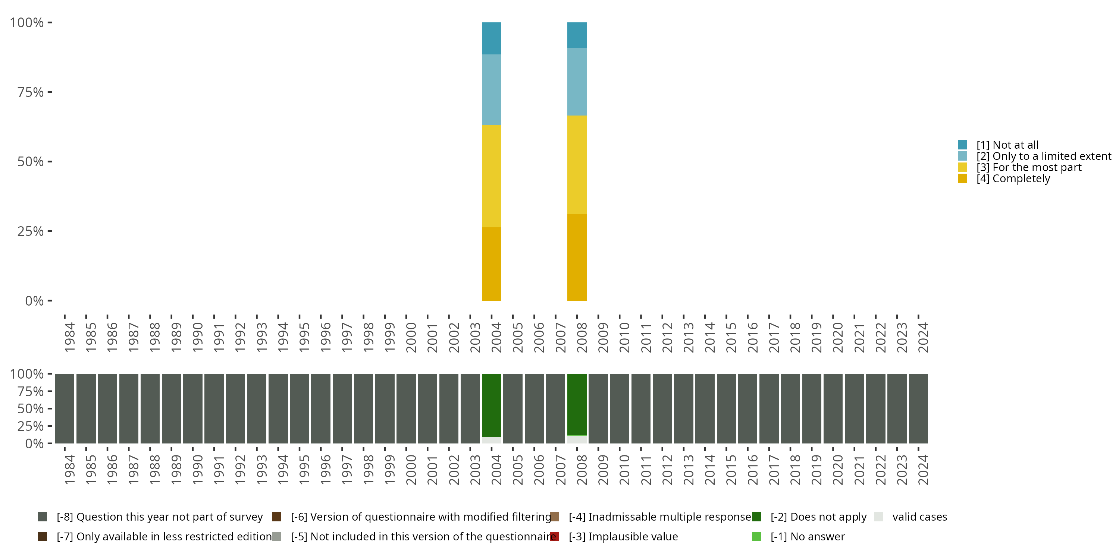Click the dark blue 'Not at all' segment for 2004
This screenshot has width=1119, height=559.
(x=491, y=38)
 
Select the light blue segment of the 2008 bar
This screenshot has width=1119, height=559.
(x=577, y=82)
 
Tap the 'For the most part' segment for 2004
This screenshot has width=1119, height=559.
(x=491, y=176)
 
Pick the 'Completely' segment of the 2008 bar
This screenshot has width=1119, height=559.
(x=577, y=257)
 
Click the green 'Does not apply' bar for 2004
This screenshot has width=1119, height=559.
(x=491, y=405)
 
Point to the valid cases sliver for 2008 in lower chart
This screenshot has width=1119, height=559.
(x=577, y=439)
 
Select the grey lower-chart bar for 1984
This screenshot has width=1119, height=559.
(x=64, y=408)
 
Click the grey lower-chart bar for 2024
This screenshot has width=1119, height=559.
(x=918, y=408)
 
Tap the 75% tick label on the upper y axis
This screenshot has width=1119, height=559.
(x=31, y=92)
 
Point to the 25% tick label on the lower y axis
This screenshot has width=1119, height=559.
(x=31, y=426)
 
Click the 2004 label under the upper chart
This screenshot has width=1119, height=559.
(x=496, y=337)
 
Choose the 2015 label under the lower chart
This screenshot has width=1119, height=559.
(x=731, y=470)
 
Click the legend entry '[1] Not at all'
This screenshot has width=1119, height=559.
(x=1007, y=145)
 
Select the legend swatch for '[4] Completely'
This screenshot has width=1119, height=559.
(x=962, y=179)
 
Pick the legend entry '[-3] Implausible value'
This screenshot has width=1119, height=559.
(x=623, y=536)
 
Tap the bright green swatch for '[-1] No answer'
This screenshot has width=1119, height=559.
(x=756, y=536)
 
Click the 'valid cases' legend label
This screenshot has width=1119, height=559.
(x=919, y=517)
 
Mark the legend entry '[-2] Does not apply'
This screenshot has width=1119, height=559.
(x=818, y=517)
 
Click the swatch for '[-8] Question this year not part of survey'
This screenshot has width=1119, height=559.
(x=43, y=517)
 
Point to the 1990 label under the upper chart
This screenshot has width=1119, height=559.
(x=197, y=337)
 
